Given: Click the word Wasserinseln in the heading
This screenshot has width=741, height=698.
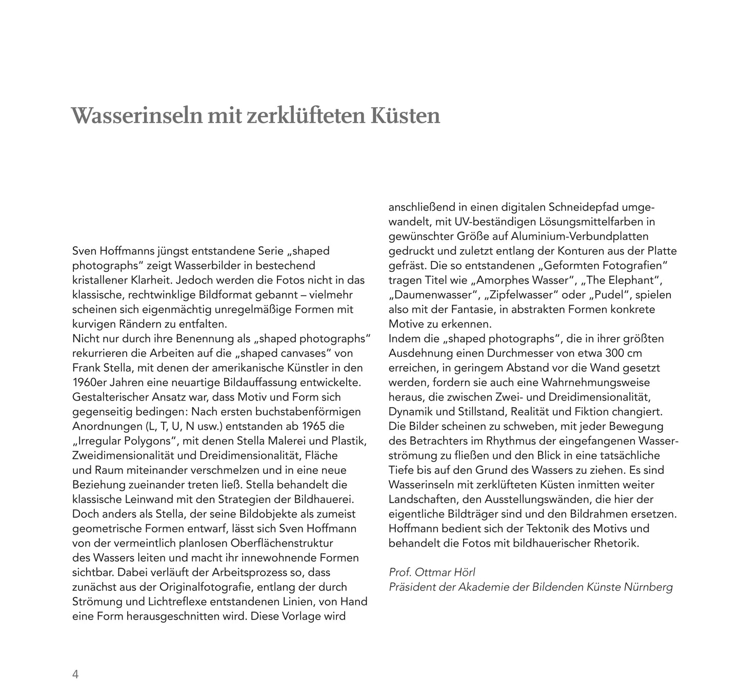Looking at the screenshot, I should click(x=134, y=116).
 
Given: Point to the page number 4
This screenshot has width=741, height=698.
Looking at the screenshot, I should click(x=75, y=674).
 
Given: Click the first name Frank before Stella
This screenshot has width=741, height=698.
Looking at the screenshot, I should click(x=87, y=368).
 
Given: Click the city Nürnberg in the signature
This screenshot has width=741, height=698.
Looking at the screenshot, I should click(x=648, y=587).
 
